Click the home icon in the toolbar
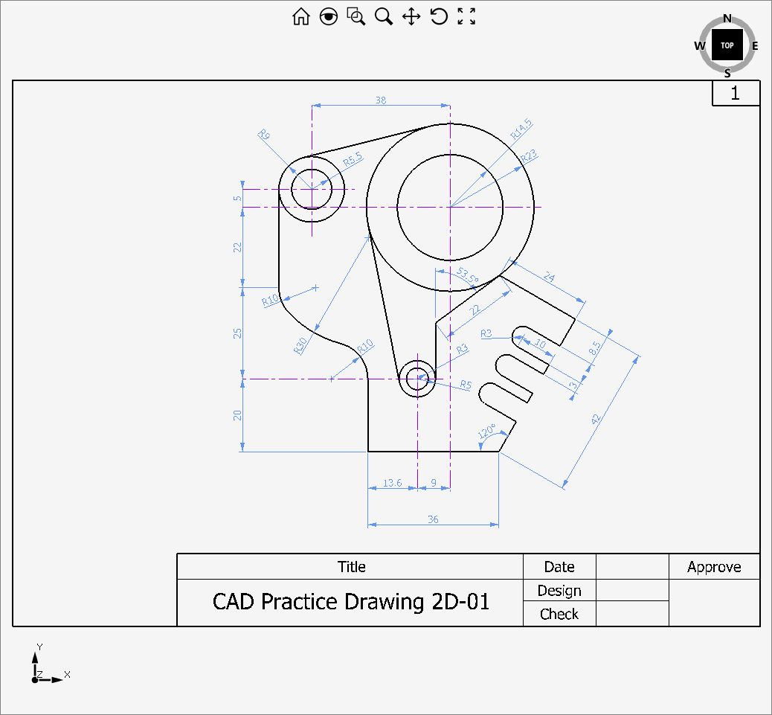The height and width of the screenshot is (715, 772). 301,17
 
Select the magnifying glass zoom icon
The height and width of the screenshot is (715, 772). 384,17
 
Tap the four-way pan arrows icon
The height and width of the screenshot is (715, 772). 411,17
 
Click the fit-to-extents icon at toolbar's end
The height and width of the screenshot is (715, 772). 466,17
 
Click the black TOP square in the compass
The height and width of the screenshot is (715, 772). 727,45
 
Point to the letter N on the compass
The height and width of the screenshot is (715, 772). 727,19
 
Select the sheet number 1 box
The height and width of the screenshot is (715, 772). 736,94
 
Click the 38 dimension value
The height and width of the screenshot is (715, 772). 381,100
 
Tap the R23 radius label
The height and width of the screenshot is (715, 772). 529,156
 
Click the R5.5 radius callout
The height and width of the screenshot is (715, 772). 353,158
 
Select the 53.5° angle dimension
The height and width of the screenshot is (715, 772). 468,275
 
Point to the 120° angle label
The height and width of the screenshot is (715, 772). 486,432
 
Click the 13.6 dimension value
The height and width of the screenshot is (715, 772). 392,483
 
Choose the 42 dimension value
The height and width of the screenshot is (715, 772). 596,420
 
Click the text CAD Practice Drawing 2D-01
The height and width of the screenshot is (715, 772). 351,601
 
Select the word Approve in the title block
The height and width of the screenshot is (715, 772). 714,567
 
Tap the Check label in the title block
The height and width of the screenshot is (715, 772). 559,614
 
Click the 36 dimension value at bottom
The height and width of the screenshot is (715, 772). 433,519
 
